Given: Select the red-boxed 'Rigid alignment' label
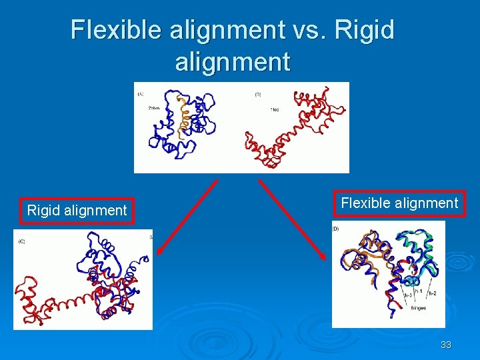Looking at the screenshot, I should point(77,211).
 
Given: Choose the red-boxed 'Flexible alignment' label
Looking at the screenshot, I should point(399,203).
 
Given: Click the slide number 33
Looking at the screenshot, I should point(446,345).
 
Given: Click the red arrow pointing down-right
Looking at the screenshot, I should point(293,219).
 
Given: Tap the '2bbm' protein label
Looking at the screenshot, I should point(153,108).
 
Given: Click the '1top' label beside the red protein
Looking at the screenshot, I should point(274,109).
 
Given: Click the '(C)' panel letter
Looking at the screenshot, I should point(21,241).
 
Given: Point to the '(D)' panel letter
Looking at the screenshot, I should point(335,229).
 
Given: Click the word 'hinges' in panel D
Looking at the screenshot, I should point(418,309).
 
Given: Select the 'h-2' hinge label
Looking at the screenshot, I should point(431,293).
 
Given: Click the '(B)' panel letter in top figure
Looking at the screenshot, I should point(257,95).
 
